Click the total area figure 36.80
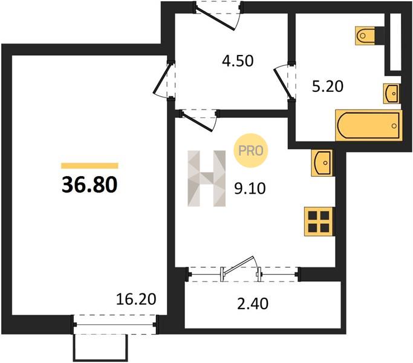click(x=89, y=185)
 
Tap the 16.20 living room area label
click(x=136, y=299)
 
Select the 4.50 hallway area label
click(x=238, y=60)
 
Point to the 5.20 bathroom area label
click(x=328, y=86)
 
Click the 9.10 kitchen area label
click(x=250, y=188)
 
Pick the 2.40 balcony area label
click(x=253, y=303)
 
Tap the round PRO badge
click(x=250, y=151)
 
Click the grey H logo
click(x=207, y=178)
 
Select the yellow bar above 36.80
click(x=89, y=166)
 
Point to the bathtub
click(x=369, y=125)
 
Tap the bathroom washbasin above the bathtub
click(x=392, y=94)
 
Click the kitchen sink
click(x=322, y=163)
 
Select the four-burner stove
click(x=319, y=221)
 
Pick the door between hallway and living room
click(x=164, y=80)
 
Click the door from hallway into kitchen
click(x=199, y=120)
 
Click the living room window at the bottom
click(x=115, y=324)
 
